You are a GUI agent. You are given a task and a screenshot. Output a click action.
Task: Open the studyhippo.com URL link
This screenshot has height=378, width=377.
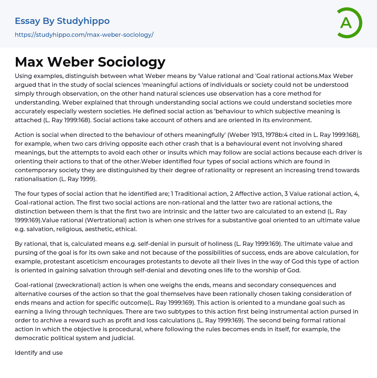click(x=84, y=35)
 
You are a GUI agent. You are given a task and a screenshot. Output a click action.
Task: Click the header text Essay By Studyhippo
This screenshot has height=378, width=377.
click(x=62, y=21)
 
